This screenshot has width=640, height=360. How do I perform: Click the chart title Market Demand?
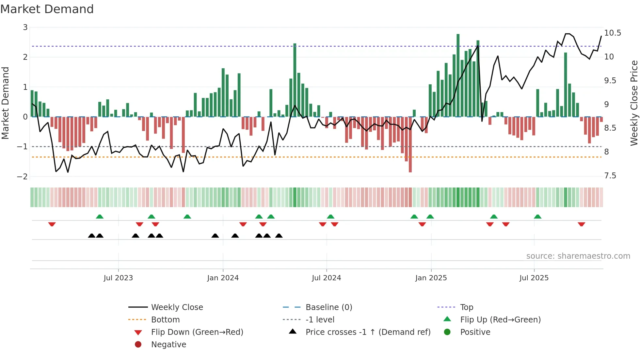click(47, 9)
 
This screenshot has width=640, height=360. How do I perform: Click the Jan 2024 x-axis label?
click(223, 278)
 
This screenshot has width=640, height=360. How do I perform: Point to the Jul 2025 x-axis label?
click(534, 278)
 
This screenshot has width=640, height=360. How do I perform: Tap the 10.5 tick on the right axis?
click(612, 33)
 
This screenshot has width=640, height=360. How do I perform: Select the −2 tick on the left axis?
click(23, 177)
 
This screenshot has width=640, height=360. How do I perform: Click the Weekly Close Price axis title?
click(634, 103)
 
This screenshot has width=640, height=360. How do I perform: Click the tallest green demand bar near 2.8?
click(458, 75)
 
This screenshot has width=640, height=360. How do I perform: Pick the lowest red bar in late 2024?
click(410, 144)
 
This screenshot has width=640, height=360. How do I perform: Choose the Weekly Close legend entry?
click(177, 307)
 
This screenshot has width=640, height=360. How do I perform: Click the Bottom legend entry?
click(165, 320)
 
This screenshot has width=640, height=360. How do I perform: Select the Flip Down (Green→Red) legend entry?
click(197, 332)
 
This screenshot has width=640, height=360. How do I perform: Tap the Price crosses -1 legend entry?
click(368, 332)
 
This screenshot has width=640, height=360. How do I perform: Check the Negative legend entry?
click(168, 345)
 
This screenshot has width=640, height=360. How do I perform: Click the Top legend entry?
click(466, 307)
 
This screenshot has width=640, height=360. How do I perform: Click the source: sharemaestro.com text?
click(578, 256)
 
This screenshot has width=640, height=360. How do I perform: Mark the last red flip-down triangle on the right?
click(581, 224)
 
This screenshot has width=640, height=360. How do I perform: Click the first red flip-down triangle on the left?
click(52, 224)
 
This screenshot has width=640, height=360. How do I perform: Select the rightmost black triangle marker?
click(279, 236)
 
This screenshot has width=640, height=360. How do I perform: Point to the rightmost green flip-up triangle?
click(537, 217)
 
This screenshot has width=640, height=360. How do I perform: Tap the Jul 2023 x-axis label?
click(118, 278)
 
